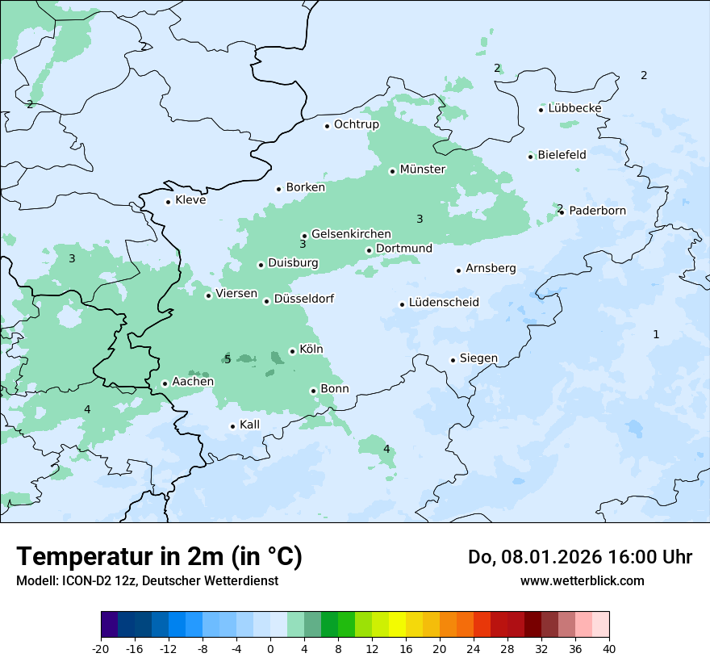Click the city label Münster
(x=422, y=170)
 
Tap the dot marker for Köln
(x=292, y=351)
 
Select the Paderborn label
(x=597, y=211)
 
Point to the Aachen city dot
(x=165, y=384)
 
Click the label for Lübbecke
(x=574, y=108)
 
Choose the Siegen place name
(x=478, y=358)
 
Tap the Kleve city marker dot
(x=168, y=202)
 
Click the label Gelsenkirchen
(x=351, y=234)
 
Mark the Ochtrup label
(x=356, y=124)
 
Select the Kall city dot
(x=232, y=426)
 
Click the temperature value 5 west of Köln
(x=228, y=359)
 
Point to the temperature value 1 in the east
(x=656, y=334)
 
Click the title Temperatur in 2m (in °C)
(x=159, y=557)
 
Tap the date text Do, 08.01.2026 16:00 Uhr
(x=579, y=557)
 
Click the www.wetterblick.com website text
(x=582, y=580)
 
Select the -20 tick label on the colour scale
(x=101, y=648)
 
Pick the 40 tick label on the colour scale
(x=608, y=648)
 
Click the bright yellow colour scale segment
(x=397, y=625)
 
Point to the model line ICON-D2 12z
(x=147, y=580)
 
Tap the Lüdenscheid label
(x=444, y=303)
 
